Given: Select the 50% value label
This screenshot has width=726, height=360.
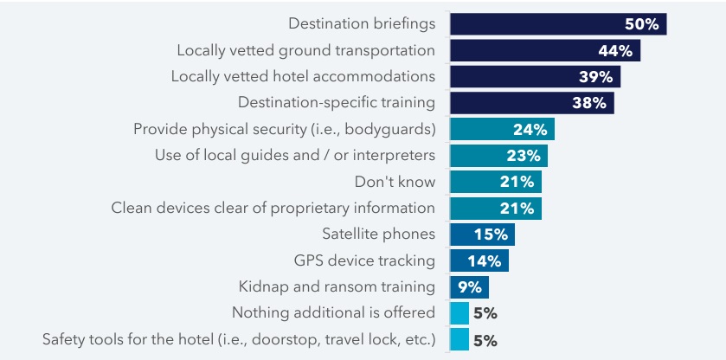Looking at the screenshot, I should coord(642,24).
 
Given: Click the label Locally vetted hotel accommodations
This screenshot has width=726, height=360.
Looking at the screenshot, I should coord(303,76).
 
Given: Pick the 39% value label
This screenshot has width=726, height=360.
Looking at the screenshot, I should coord(595,77).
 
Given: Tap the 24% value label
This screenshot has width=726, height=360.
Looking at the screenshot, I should coord(530,130).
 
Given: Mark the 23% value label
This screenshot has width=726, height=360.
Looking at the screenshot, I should coord(524,156).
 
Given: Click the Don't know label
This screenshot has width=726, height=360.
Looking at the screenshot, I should coord(395,182).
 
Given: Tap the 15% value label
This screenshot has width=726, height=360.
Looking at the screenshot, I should coord(491,235).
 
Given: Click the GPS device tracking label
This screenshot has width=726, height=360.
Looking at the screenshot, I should coord(364,260).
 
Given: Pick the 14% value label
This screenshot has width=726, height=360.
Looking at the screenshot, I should coord(485,260).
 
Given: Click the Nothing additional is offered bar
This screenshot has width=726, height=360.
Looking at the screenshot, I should coord(459,313).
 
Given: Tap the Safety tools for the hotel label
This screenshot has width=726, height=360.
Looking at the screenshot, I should coord(239,339).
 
